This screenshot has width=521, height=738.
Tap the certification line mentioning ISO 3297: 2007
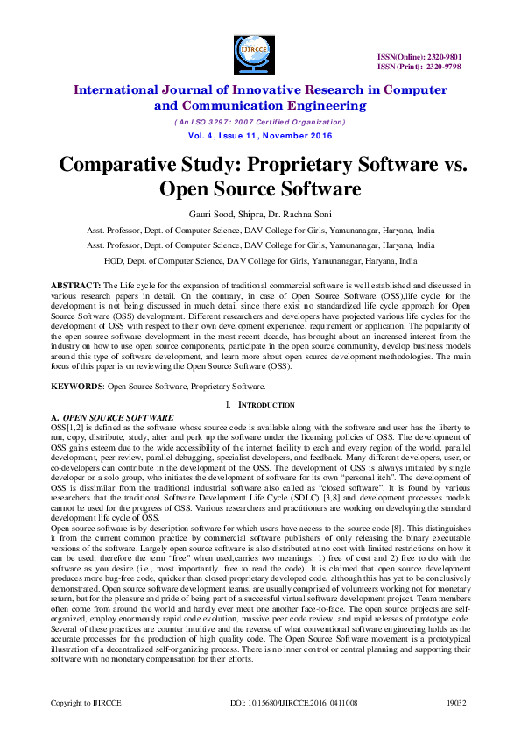tap(260, 122)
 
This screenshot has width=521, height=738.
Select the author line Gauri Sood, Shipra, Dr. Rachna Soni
tap(260, 213)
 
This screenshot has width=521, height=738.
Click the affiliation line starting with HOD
tap(260, 261)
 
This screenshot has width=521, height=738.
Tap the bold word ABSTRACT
tap(75, 286)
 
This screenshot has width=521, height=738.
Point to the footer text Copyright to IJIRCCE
tap(85, 704)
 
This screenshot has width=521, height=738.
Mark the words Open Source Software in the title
tap(260, 190)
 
